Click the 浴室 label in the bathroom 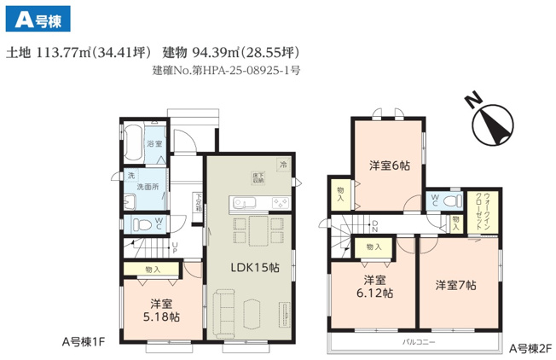155,143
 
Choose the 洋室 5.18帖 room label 162,309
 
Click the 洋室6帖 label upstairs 389,165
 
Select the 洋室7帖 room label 455,284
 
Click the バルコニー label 419,342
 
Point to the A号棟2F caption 531,348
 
